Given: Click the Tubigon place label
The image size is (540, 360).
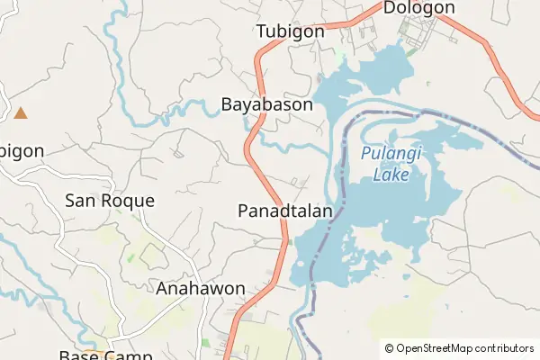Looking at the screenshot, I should point(290,31).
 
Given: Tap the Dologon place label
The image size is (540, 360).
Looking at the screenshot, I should point(418,8).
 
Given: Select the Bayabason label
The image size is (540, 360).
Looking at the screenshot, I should point(267,104).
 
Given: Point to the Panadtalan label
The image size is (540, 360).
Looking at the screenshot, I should point(286,211).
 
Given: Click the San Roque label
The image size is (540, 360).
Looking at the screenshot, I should point(110,201).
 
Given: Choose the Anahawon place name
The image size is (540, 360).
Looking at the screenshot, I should point(201,289).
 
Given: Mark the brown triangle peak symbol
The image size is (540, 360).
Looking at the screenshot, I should point(20,113).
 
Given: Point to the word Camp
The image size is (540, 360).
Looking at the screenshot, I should point(133,355).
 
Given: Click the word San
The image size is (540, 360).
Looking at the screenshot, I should point(80,201).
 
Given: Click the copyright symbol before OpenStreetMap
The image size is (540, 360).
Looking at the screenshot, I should point(390,348).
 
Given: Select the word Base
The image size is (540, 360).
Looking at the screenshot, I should point(79,355).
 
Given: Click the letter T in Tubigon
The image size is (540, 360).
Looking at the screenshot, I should point(261,31).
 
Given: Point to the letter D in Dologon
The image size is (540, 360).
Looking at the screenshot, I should point(390,8).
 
